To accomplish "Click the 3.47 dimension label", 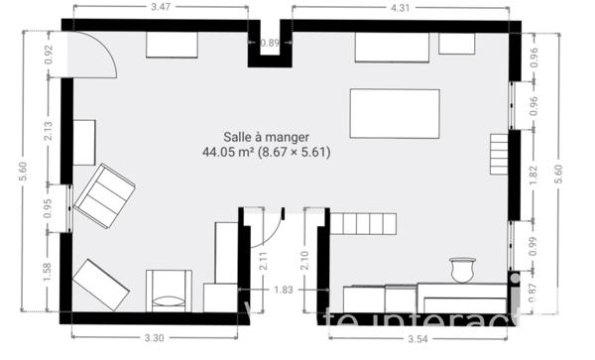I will coord(160,8).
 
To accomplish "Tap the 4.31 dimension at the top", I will coord(400,8).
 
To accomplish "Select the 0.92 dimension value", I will coord(47,56).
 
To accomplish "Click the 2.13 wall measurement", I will coord(47,130).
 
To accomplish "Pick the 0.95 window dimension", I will coord(47,208).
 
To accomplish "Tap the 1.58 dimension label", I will coord(47,272).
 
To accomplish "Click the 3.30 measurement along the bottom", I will coord(154,338).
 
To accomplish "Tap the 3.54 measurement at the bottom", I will coord(416,338).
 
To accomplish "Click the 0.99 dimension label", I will coord(534,248).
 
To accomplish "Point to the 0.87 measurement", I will coord(534,294).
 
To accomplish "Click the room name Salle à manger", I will coord(266,138).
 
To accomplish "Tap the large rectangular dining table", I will coord(395,114).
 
